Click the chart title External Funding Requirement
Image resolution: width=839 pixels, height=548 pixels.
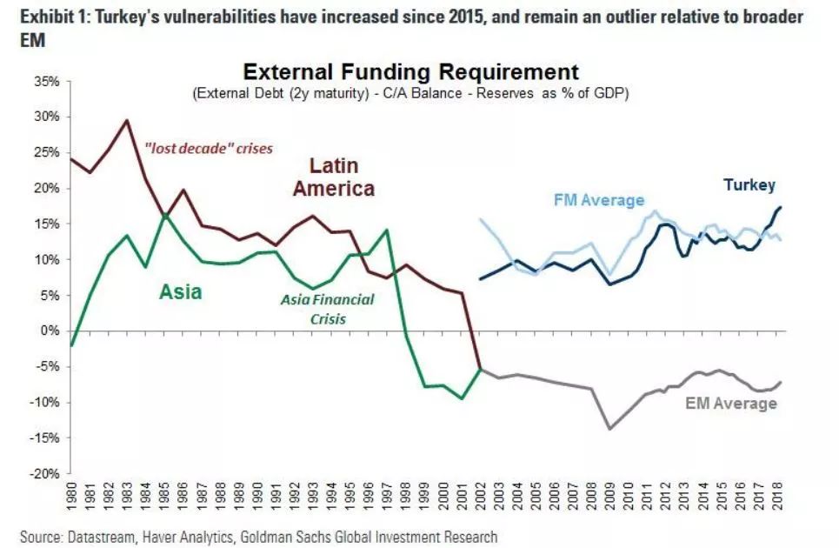pyautogui.click(x=410, y=71)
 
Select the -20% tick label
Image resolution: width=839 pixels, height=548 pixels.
pyautogui.click(x=43, y=474)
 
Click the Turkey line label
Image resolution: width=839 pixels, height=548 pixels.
pyautogui.click(x=749, y=185)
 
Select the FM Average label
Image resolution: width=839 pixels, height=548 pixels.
pyautogui.click(x=599, y=200)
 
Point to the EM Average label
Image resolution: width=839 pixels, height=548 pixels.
pyautogui.click(x=731, y=404)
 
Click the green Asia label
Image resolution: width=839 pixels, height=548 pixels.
pyautogui.click(x=181, y=292)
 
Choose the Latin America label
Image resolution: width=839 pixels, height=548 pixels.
pyautogui.click(x=334, y=177)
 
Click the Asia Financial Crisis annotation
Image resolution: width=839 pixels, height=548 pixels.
pyautogui.click(x=327, y=309)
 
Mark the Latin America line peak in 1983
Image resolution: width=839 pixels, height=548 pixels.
pyautogui.click(x=128, y=120)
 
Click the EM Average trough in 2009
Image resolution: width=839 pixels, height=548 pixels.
pyautogui.click(x=609, y=429)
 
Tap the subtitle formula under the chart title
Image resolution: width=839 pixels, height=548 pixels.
pyautogui.click(x=410, y=93)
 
